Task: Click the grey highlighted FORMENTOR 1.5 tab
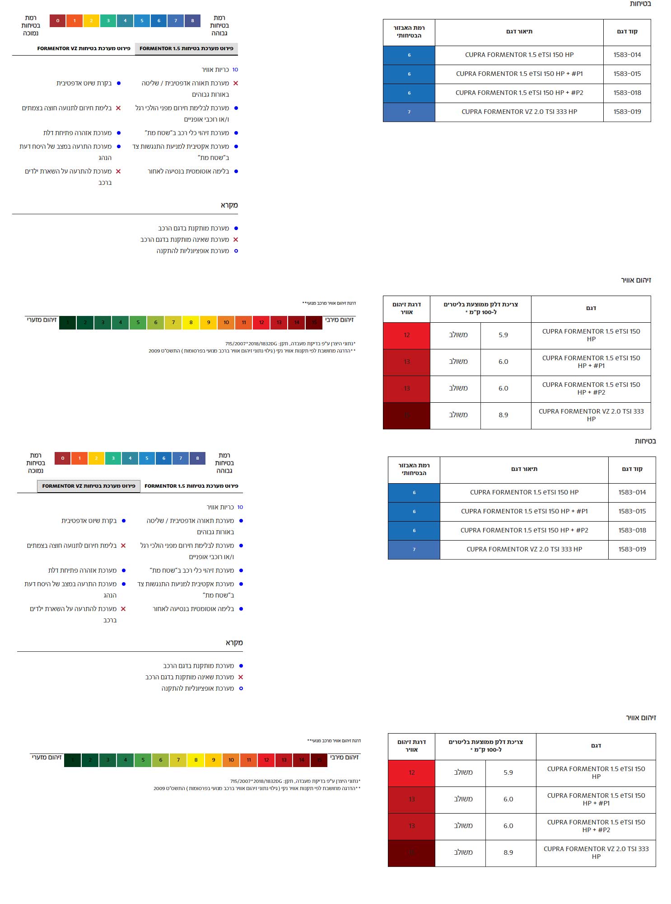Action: coord(186,48)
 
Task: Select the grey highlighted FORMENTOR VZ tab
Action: coord(89,486)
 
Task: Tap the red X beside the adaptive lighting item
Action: coord(236,83)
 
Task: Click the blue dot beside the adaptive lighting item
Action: coord(241,521)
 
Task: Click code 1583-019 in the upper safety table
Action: coord(627,112)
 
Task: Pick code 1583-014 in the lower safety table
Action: coord(632,492)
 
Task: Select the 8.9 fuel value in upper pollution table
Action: coord(503,415)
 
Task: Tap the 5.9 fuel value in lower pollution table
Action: coord(508,772)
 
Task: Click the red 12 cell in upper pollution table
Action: coord(406,335)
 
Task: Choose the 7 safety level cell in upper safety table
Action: coord(409,112)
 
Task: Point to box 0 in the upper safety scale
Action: coord(57,21)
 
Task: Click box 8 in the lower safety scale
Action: coord(197,458)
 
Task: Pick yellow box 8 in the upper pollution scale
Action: coord(191,322)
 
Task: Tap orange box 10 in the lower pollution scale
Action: coord(231,760)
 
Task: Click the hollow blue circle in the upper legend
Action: coord(236,251)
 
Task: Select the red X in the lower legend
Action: coord(241,677)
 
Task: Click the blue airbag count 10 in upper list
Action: coord(235,70)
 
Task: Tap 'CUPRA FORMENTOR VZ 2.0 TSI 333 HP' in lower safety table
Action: coord(524,549)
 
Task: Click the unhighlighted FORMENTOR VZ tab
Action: coord(84,48)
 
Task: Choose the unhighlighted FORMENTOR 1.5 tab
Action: coord(191,486)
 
